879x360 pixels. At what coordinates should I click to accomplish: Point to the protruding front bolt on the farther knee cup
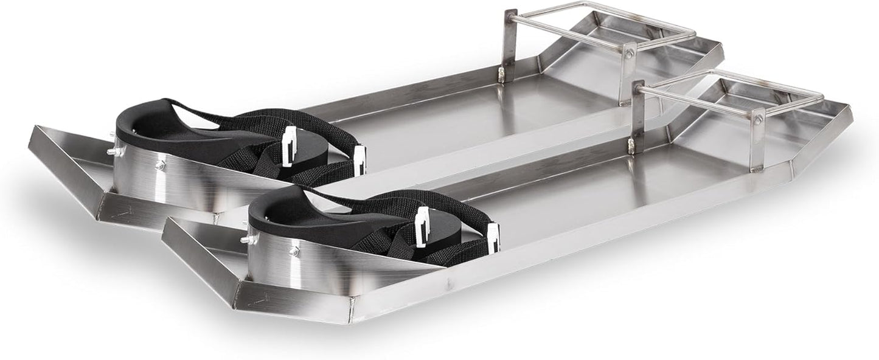click(x=112, y=151)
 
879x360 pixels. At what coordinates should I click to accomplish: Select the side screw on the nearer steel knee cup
click(x=294, y=250)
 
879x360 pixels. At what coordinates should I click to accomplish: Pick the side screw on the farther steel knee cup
click(x=159, y=164)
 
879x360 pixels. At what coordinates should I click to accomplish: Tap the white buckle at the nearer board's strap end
click(x=493, y=237)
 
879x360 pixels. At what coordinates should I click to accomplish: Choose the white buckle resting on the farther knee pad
click(x=290, y=146)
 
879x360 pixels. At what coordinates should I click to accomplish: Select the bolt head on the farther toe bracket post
click(x=630, y=54)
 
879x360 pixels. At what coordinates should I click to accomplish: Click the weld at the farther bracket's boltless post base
click(x=502, y=75)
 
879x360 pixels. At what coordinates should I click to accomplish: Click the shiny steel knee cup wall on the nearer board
click(x=328, y=268)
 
